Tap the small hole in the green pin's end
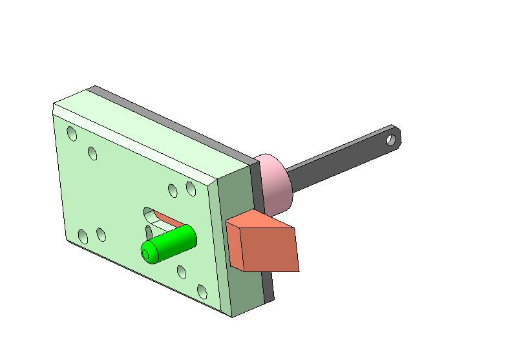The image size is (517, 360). coord(151,256)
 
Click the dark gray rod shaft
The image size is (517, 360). coord(336,162)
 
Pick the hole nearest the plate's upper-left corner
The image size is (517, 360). coord(72,134)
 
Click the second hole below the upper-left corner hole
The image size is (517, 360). coord(93,153)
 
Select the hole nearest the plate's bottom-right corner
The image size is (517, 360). coord(202,291)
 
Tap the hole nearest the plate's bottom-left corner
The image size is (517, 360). coord(83,237)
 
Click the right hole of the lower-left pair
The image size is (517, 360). coord(101,234)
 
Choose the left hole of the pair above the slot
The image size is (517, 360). coord(173,190)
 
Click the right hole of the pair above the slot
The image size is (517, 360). coord(191,188)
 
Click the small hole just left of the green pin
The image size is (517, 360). coord(149,231)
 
